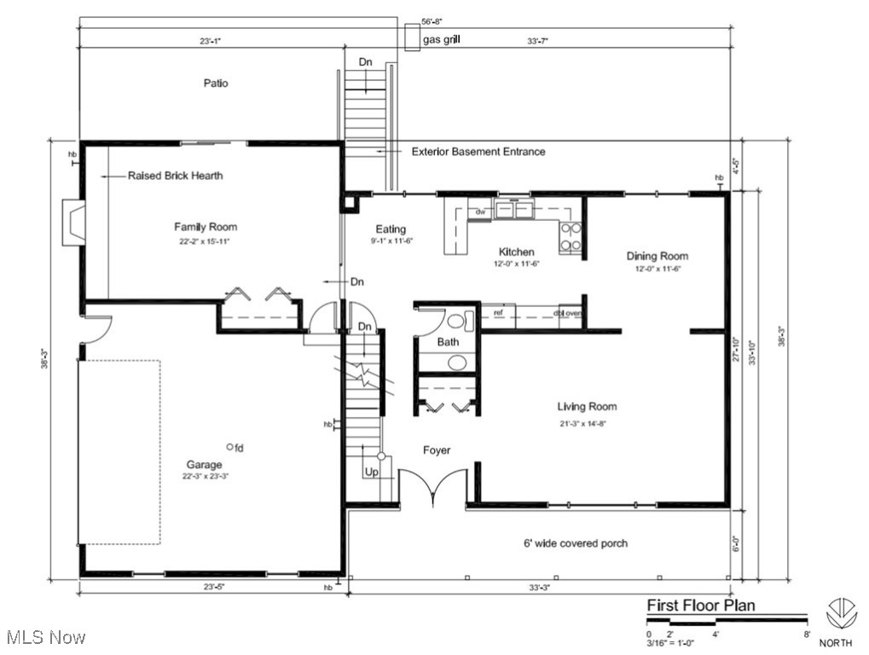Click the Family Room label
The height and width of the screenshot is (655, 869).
coord(206,227)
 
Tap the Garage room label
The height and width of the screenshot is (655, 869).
coord(205,465)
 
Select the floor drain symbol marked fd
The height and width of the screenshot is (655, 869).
coord(230,446)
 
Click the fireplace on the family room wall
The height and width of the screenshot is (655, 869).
coord(73,223)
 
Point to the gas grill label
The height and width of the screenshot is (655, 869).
coord(443,39)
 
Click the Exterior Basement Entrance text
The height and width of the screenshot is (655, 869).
coord(478,152)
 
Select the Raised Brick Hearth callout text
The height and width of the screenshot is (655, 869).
coord(175,176)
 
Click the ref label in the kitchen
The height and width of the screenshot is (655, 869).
coord(498,312)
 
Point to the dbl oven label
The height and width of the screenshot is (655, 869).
coord(568,312)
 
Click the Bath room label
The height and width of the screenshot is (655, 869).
coord(448,342)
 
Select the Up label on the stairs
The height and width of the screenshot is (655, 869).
coord(372,472)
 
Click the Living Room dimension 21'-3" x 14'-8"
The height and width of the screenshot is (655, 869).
coord(587,423)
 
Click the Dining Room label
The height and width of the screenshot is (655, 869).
coord(657,256)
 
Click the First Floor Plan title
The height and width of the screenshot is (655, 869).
coord(700,606)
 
